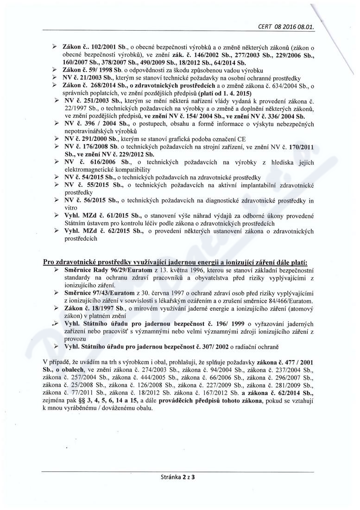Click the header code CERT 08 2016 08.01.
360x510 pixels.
[x=285, y=27]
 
